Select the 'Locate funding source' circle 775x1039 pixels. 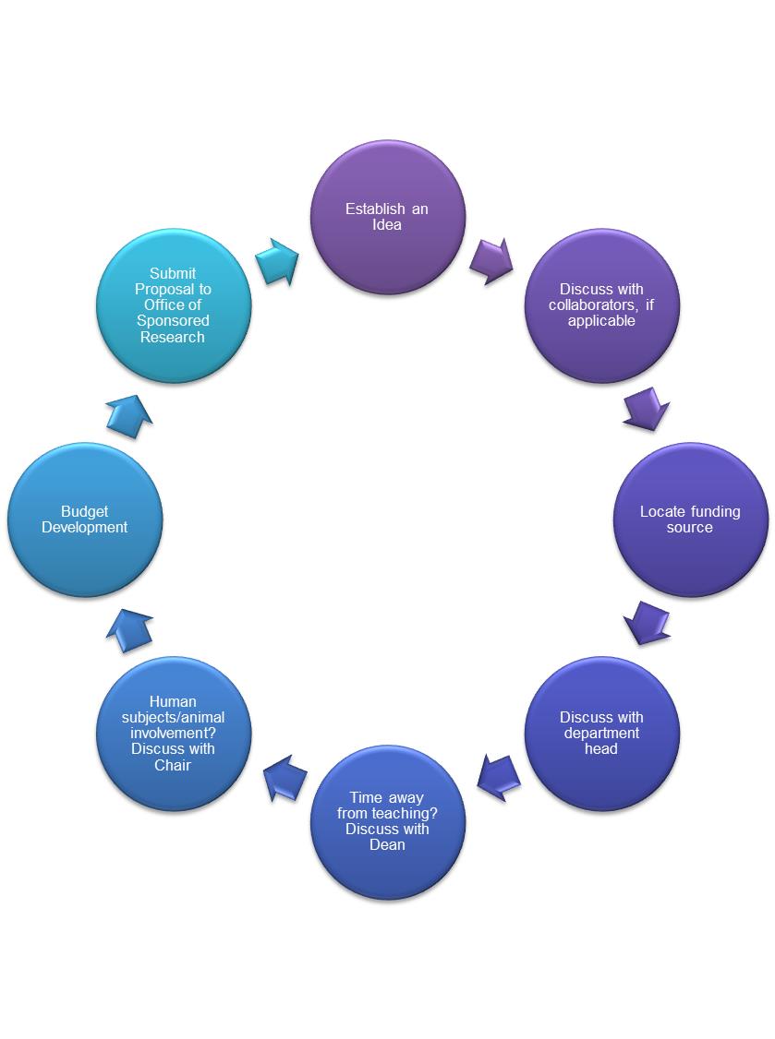pyautogui.click(x=690, y=519)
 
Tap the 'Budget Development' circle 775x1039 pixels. pyautogui.click(x=85, y=519)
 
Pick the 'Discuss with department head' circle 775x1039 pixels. pyautogui.click(x=601, y=734)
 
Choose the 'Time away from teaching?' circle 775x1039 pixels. pyautogui.click(x=387, y=821)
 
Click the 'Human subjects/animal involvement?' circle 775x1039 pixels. pyautogui.click(x=174, y=734)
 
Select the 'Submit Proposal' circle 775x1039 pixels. pyautogui.click(x=174, y=305)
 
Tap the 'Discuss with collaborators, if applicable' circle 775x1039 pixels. pyautogui.click(x=601, y=305)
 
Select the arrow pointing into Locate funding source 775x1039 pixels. pyautogui.click(x=646, y=409)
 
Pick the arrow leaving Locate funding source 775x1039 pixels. pyautogui.click(x=647, y=623)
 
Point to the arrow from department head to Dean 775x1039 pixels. pyautogui.click(x=499, y=777)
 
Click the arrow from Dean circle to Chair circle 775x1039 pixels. pyautogui.click(x=285, y=777)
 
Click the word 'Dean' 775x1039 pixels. pyautogui.click(x=387, y=845)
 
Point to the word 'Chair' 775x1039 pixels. pyautogui.click(x=173, y=766)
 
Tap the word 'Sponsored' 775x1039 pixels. pyautogui.click(x=173, y=321)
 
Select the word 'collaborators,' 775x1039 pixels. pyautogui.click(x=590, y=305)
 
